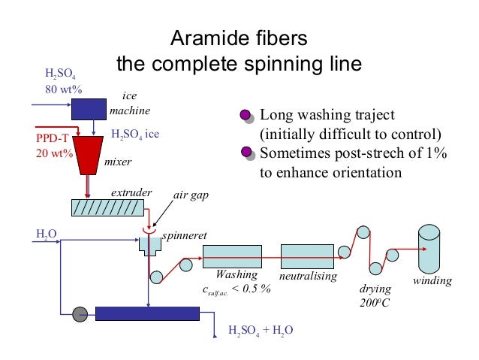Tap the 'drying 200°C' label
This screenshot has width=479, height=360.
tap(373, 296)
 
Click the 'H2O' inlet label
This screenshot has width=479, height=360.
tap(46, 234)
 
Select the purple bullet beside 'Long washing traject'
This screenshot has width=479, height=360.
tap(246, 115)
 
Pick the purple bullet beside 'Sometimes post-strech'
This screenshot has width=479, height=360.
tap(246, 153)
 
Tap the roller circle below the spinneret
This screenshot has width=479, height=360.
tap(156, 277)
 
